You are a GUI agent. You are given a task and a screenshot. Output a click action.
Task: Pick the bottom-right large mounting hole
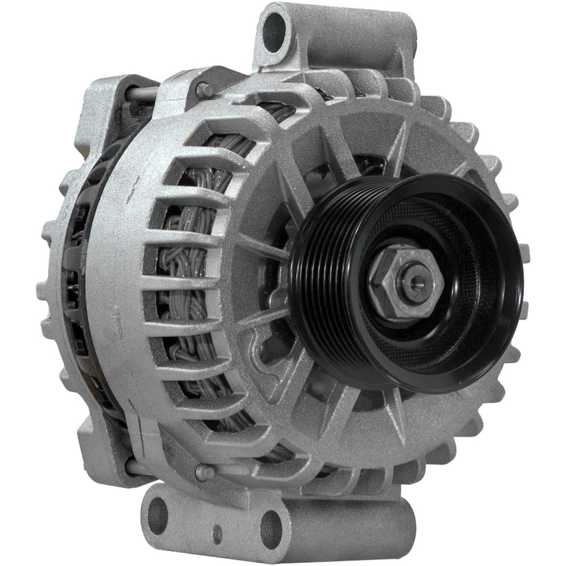271,525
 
